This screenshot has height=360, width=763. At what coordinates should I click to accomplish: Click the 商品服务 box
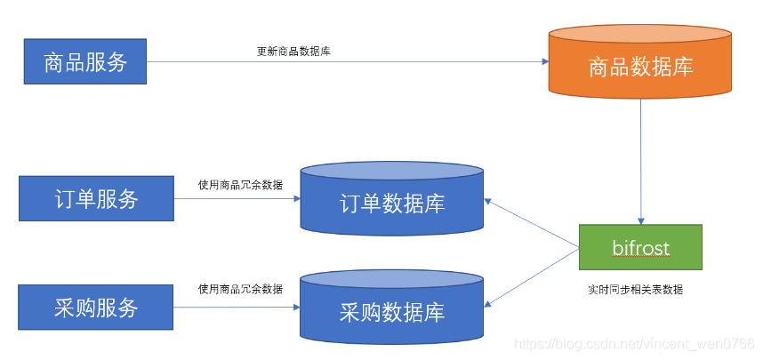(85, 61)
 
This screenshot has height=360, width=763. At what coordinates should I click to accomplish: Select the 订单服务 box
(96, 198)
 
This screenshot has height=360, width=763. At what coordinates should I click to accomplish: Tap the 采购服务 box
(95, 308)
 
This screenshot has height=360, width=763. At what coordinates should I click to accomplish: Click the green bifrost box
(640, 247)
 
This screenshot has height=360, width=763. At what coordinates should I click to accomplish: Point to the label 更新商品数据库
(294, 52)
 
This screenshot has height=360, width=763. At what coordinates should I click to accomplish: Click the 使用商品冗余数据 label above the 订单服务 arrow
(240, 185)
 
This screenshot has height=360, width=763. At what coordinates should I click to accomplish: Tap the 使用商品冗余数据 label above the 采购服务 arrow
(240, 289)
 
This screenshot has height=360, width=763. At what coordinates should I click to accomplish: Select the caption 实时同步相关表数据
(636, 290)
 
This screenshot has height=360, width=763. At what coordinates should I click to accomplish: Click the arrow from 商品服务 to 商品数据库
(348, 62)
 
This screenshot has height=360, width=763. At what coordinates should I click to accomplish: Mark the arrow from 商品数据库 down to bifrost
(641, 162)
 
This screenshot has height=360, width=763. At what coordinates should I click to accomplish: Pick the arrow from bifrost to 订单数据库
(532, 223)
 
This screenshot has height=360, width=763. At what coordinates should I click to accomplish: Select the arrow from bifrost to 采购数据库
(532, 278)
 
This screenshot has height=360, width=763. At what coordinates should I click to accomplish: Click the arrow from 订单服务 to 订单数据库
(237, 198)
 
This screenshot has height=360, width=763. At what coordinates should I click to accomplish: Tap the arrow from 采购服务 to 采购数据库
(237, 308)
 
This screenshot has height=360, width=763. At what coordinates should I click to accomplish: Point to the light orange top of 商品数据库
(640, 35)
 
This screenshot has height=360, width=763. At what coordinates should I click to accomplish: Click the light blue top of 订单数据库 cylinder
(391, 172)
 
